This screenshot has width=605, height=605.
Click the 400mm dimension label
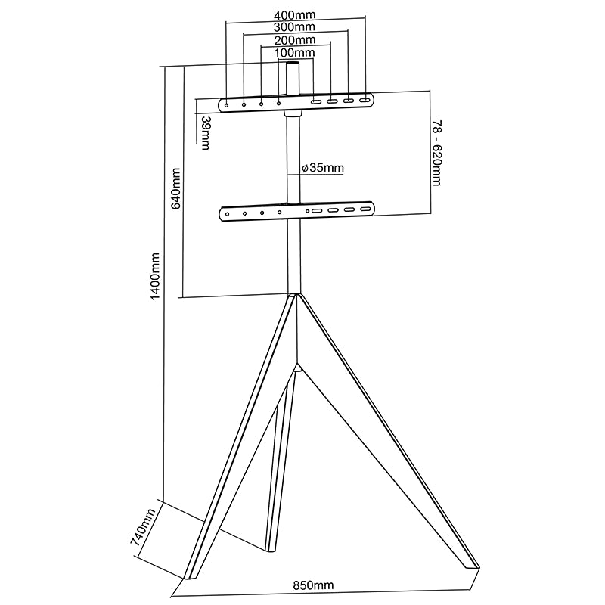coord(295,14)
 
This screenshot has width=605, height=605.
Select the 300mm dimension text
coord(295,27)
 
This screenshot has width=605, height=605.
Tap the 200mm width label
coord(295,40)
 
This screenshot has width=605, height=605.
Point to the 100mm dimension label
coord(295,53)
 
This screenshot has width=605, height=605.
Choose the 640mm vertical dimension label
coord(175,189)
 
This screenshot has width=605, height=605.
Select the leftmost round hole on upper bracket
coord(227,102)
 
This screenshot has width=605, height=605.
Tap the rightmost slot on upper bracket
coord(365,100)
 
